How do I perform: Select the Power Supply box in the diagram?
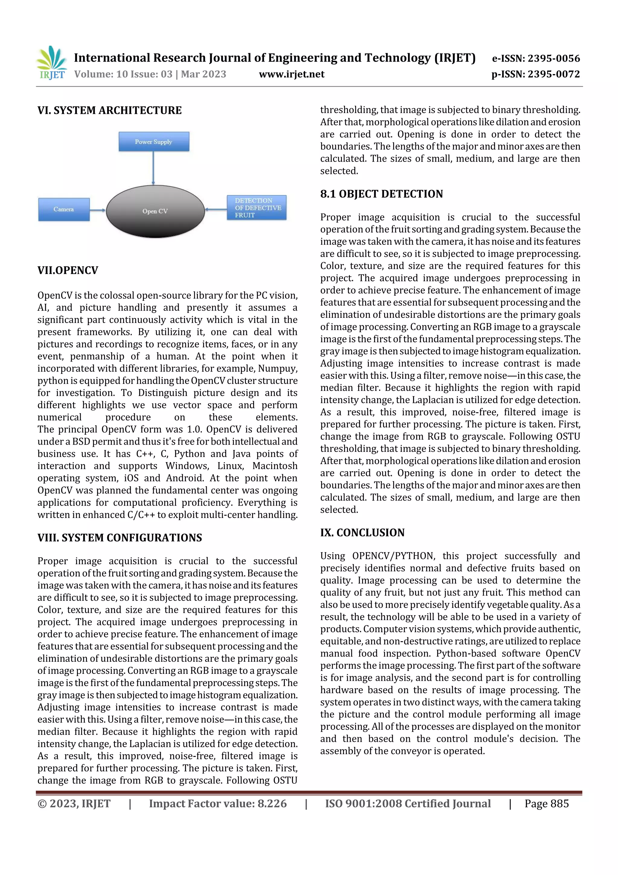click(x=154, y=142)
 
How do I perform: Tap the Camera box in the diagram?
click(x=64, y=209)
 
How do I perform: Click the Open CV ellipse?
click(x=155, y=211)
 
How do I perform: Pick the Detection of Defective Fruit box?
click(x=256, y=208)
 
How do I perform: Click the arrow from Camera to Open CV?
click(x=98, y=210)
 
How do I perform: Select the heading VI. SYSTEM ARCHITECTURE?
click(x=109, y=111)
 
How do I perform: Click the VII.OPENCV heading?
click(x=68, y=271)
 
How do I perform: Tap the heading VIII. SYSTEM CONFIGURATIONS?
click(x=119, y=538)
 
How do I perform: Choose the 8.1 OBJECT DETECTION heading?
click(x=381, y=194)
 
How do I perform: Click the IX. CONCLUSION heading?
click(x=362, y=533)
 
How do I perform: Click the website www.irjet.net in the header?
click(x=292, y=74)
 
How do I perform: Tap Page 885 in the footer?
click(x=546, y=804)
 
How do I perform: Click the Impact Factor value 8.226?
click(x=272, y=804)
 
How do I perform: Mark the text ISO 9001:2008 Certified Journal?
click(x=408, y=804)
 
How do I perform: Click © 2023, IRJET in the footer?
click(x=74, y=804)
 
